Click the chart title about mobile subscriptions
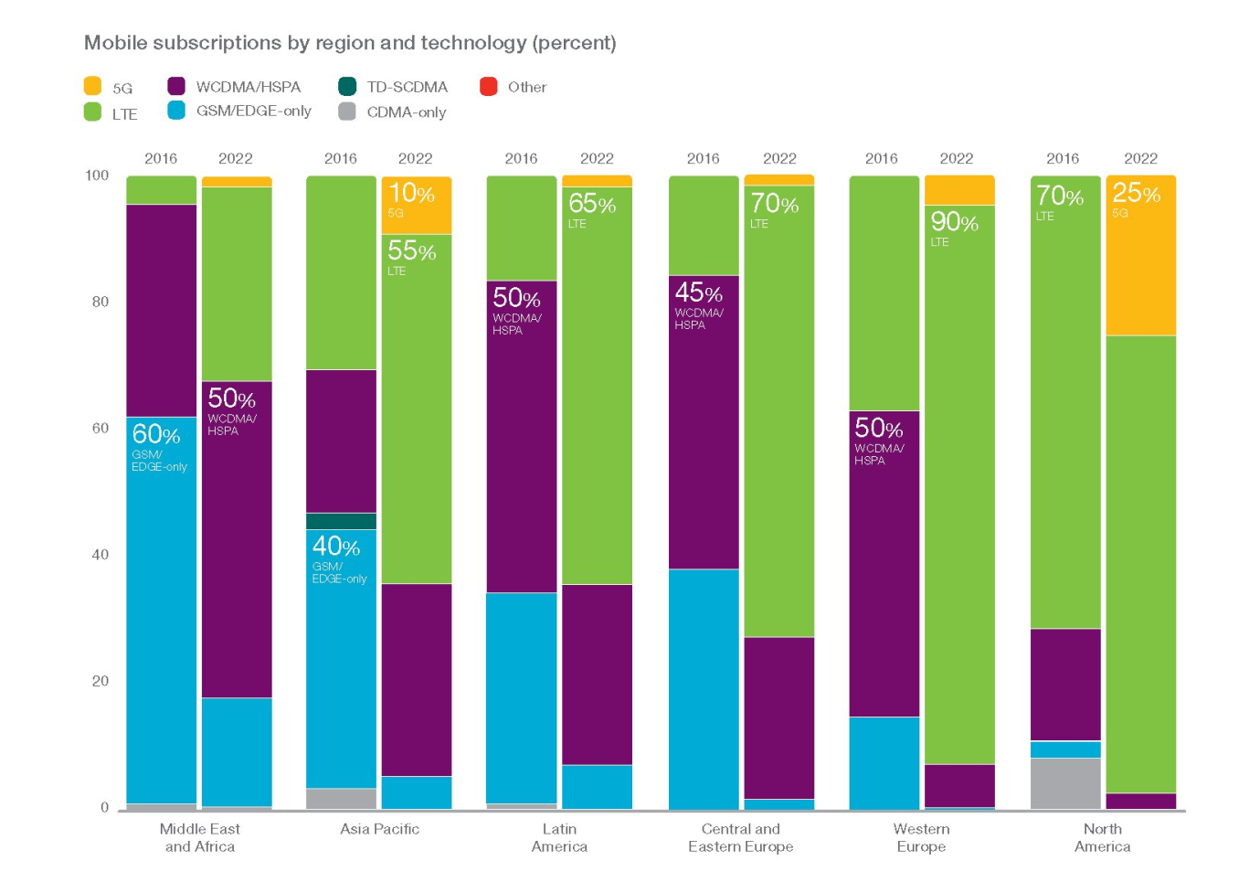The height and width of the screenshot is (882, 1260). point(350,43)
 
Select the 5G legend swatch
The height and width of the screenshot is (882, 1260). point(92,87)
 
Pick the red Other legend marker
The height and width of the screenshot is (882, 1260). point(489,87)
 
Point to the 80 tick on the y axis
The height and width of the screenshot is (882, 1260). point(100,302)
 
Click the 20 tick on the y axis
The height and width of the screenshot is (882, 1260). point(100,681)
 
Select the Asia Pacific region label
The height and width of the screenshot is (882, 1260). point(379,829)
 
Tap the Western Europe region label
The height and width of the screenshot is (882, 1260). point(921,837)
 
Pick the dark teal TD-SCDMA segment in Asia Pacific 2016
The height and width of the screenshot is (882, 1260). point(341,521)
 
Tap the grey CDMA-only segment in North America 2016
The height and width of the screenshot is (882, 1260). point(1065,783)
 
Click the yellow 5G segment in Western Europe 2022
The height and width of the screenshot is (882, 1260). point(959,190)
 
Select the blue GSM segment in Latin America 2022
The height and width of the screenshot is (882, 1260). point(597,787)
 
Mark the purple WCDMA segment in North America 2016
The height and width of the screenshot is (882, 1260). point(1065,685)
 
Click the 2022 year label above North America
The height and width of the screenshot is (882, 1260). point(1140,158)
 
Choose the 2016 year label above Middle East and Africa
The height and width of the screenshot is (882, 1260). point(161,158)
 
